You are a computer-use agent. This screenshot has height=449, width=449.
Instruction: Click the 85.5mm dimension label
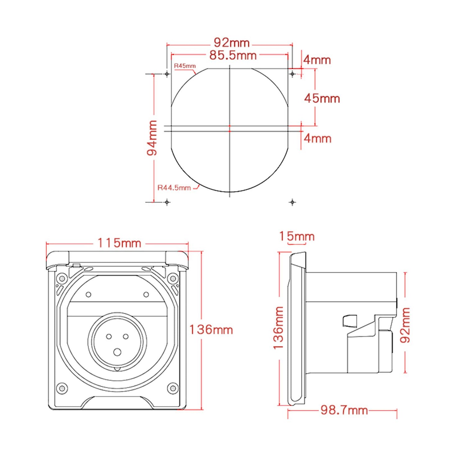tap(233, 55)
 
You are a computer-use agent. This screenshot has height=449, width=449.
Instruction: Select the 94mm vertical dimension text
tap(152, 138)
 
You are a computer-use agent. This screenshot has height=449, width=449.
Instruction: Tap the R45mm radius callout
tap(185, 66)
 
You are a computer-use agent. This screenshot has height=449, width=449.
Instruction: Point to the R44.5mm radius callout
tap(174, 188)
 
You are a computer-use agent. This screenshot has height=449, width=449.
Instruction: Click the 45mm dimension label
tap(322, 99)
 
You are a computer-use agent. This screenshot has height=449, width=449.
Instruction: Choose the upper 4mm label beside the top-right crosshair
tap(317, 60)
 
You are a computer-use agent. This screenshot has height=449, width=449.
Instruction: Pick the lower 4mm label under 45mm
tap(317, 138)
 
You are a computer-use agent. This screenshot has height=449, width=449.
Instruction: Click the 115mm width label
tap(119, 243)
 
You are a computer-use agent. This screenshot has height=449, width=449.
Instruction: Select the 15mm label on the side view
tap(296, 236)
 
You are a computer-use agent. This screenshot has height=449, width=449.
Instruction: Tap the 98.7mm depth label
tap(344, 410)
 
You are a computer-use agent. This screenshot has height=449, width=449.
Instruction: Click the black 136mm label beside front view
tap(211, 330)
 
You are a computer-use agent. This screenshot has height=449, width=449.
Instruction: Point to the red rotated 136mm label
tap(278, 328)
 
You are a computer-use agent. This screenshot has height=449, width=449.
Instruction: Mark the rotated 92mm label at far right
tap(405, 325)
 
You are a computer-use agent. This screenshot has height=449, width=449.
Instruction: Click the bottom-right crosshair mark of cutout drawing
tap(292, 202)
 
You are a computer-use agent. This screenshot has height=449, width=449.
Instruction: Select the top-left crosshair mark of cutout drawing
tap(167, 74)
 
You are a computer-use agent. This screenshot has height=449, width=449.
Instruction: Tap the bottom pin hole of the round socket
tap(117, 352)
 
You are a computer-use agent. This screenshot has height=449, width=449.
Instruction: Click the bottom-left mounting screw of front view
tap(62, 388)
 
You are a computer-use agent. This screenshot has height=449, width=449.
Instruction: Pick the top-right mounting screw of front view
tap(173, 278)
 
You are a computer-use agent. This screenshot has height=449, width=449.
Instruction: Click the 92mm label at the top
tap(231, 43)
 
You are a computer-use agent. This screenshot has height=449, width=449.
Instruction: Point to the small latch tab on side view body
tap(350, 321)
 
